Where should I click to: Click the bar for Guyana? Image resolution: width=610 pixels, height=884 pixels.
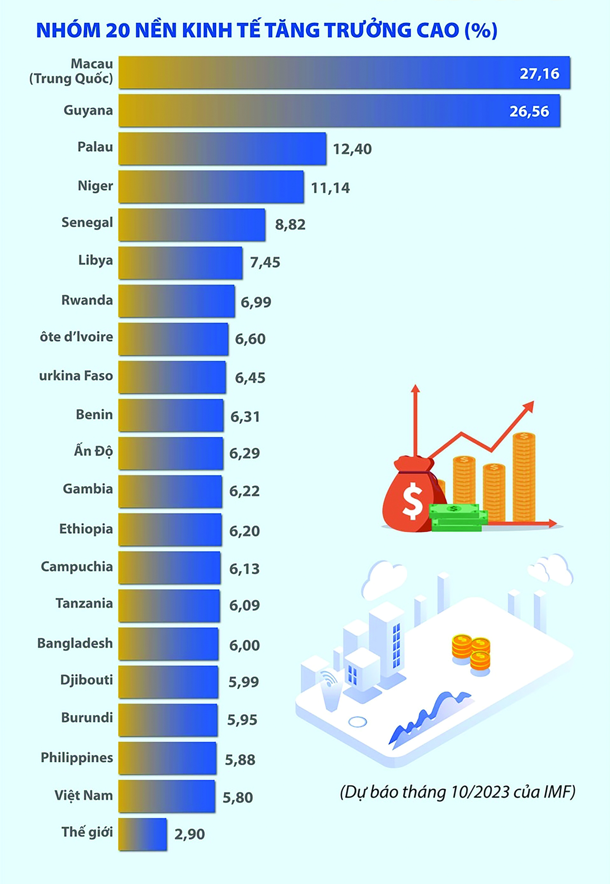[339, 110]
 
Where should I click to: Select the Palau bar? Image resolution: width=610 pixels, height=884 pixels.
[222, 149]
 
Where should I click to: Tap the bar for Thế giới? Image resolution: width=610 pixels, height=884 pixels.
[143, 834]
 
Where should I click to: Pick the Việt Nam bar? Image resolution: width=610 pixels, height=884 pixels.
[167, 796]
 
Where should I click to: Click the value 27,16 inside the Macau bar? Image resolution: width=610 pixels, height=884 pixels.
[540, 74]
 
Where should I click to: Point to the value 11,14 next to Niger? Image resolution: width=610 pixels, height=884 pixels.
[330, 188]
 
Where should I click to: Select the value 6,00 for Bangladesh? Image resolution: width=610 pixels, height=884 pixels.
[244, 645]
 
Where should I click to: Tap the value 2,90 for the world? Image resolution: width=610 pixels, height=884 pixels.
[189, 834]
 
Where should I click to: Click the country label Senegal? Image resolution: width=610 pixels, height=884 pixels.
[87, 223]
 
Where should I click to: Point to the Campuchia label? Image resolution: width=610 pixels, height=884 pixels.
[77, 567]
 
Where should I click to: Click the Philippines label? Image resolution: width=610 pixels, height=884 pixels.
[77, 757]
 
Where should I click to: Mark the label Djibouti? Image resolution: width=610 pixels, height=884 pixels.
[86, 680]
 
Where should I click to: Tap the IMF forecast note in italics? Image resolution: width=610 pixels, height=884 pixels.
[457, 792]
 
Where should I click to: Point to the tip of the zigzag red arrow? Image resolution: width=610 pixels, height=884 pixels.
[534, 401]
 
